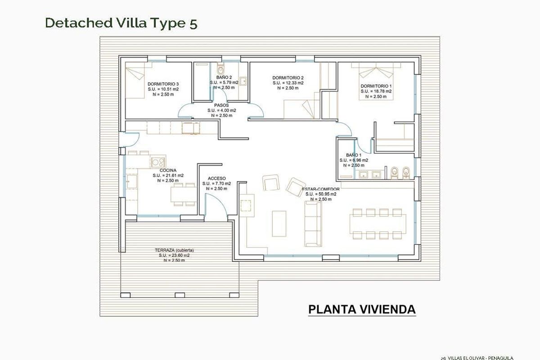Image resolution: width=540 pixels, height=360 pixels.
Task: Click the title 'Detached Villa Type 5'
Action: click(x=121, y=23)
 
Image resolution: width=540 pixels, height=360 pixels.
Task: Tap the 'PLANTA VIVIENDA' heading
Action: click(x=362, y=310)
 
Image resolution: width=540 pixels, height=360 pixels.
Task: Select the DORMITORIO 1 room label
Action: click(x=376, y=86)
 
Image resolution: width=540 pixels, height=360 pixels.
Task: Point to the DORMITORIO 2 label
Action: click(x=288, y=77)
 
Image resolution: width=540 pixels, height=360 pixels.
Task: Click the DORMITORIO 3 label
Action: click(x=163, y=84)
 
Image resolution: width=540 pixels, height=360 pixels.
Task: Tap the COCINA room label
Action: click(x=168, y=171)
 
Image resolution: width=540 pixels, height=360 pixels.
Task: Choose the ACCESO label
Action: click(x=216, y=179)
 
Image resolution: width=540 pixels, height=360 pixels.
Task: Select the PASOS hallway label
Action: click(x=221, y=105)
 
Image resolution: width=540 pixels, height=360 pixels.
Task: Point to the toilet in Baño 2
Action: click(x=220, y=70)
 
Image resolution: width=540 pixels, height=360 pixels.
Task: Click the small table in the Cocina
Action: click(x=182, y=194)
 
